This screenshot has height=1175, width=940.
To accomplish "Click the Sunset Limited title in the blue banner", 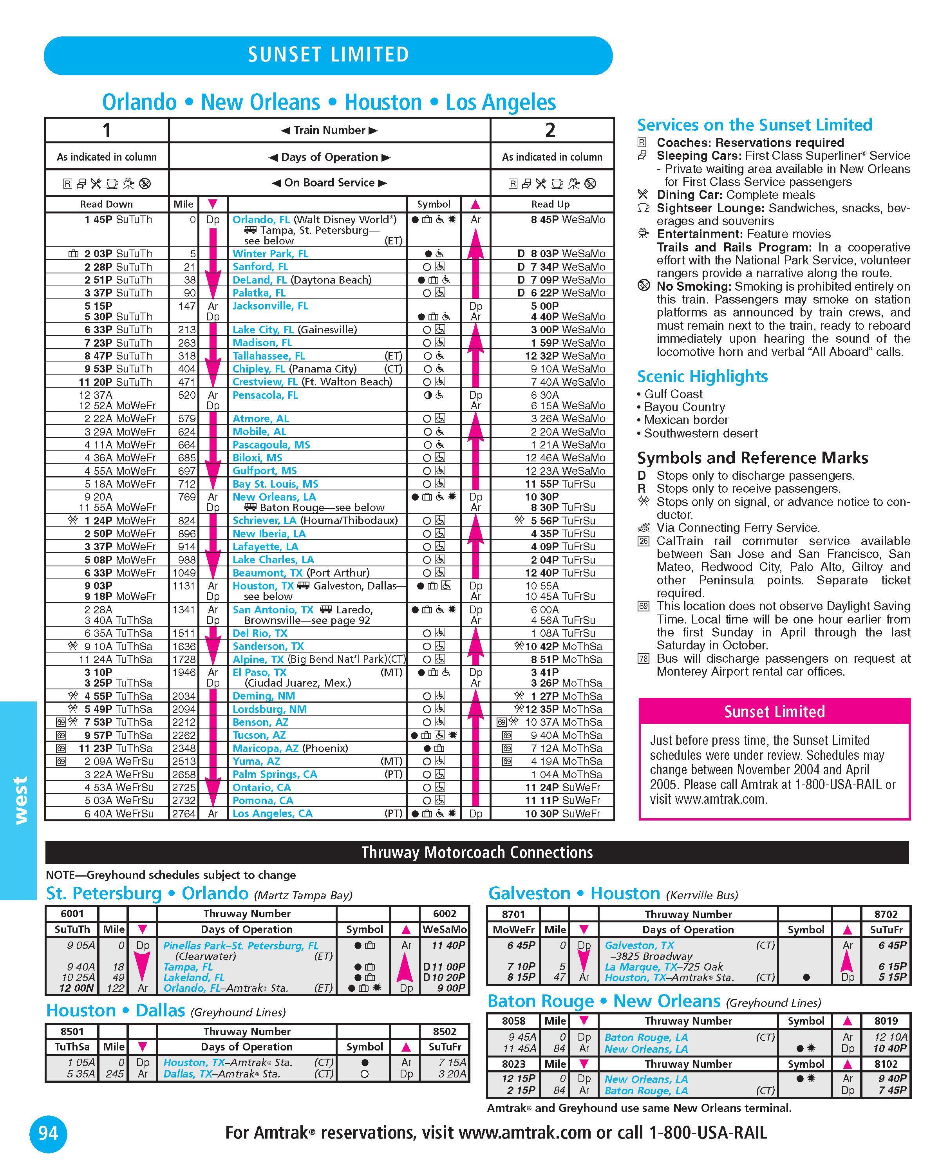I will (x=328, y=54).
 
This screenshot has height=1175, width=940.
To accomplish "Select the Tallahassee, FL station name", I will (x=269, y=356).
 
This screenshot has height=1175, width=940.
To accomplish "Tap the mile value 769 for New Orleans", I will (x=187, y=497).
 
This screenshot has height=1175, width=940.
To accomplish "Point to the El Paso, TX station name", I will (x=259, y=672).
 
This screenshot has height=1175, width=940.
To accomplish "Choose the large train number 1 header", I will (x=107, y=130).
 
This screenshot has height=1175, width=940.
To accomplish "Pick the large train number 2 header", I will (x=550, y=130).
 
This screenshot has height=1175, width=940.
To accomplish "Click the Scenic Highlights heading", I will (x=702, y=377).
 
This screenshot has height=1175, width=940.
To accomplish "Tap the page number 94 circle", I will (x=48, y=1133).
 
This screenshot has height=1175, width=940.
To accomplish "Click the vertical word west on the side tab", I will (x=20, y=800).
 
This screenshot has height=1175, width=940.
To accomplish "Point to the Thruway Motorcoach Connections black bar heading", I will (x=477, y=852).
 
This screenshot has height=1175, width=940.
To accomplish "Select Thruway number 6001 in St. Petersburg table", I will (x=72, y=914).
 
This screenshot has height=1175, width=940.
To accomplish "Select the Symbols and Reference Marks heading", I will (x=752, y=458).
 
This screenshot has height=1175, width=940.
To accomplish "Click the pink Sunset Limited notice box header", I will (x=774, y=712).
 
